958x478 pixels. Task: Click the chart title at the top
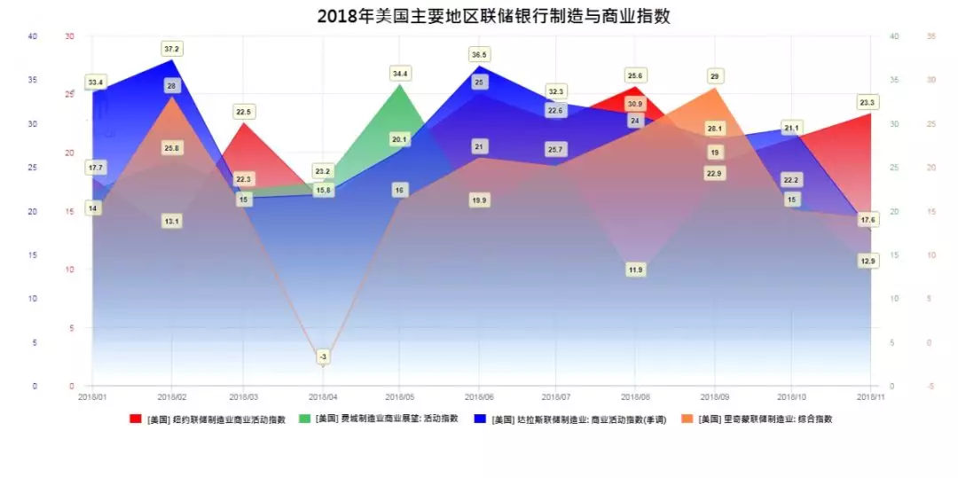480,16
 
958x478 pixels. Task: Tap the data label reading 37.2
171,48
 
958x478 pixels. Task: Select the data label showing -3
323,357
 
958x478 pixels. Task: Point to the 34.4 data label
400,74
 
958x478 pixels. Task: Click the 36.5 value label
479,55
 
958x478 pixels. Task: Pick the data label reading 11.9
635,270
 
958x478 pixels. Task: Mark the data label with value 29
714,76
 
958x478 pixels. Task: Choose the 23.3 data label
868,103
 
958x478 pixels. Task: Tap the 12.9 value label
868,261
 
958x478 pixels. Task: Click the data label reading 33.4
96,82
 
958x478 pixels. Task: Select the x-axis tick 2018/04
322,396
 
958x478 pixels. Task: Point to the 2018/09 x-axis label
714,396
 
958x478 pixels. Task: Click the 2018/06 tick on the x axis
479,396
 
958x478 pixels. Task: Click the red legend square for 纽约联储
136,419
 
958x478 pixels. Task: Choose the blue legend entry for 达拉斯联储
568,419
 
